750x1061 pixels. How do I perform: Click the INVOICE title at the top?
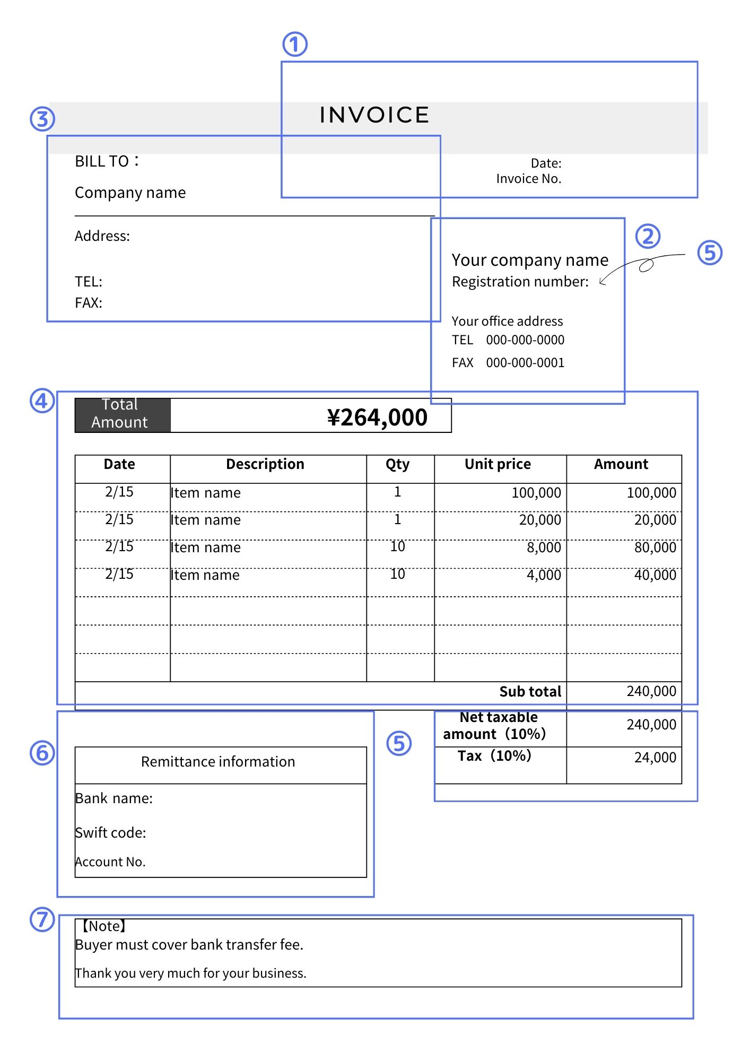pos(374,115)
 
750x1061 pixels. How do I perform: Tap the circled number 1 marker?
pos(295,45)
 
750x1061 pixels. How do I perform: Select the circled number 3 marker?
pos(42,119)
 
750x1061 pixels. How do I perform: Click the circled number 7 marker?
pos(42,919)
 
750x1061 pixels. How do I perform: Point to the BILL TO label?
pos(106,161)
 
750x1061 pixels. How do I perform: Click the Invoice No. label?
pos(528,179)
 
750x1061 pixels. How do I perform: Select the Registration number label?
pos(520,282)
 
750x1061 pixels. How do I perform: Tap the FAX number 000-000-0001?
pos(525,363)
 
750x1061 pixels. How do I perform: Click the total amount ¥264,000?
pos(377,418)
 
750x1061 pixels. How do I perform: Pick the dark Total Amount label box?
pos(123,415)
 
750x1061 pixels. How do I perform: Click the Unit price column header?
pos(498,464)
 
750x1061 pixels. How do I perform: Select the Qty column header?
pos(397,464)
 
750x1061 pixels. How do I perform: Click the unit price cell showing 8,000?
pos(544,547)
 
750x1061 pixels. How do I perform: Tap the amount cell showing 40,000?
pos(655,575)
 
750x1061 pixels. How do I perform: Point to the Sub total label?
pos(530,692)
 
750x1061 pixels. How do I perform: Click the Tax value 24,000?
pos(655,758)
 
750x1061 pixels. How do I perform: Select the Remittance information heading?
pos(218,762)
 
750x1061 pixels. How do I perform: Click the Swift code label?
pos(111,833)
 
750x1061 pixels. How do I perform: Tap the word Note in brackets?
pos(104,926)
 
